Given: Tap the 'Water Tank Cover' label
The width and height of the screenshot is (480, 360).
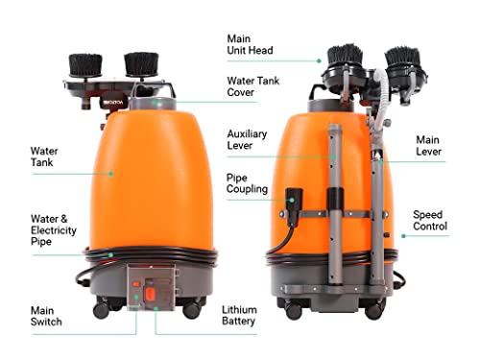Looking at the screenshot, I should (253, 87).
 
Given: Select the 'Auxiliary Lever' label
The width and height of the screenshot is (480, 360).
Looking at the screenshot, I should (247, 140).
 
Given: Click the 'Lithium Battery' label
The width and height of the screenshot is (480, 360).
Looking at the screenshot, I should (239, 316).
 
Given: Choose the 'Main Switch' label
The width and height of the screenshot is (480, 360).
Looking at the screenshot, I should (46, 316).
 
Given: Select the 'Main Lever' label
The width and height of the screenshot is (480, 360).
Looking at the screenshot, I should (427, 145).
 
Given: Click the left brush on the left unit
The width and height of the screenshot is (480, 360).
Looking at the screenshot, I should (87, 65).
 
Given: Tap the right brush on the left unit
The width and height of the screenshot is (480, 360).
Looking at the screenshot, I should (142, 64).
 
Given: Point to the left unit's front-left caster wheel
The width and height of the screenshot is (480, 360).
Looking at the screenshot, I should (102, 308).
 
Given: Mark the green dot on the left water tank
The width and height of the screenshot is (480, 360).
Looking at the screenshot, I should (112, 174).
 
